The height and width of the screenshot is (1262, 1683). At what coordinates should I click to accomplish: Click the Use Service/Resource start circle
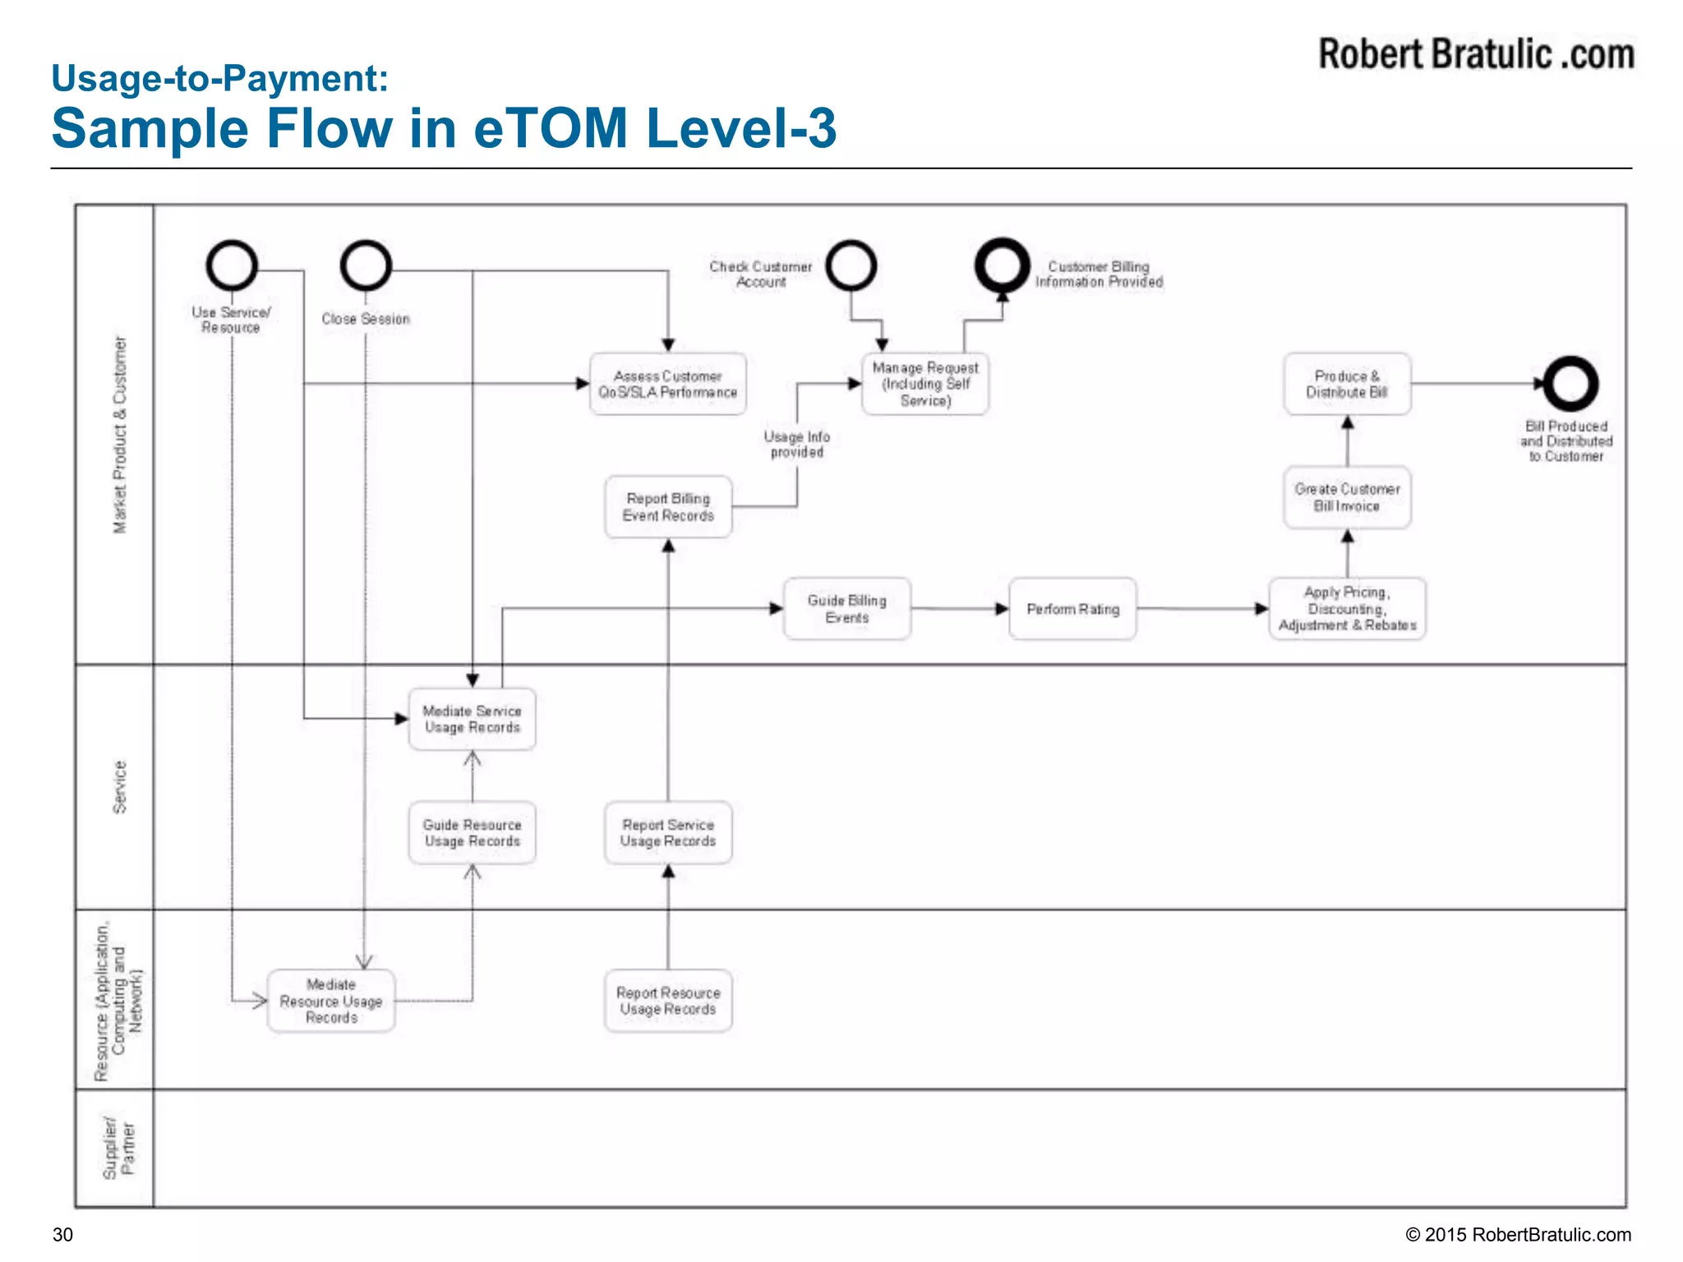(232, 266)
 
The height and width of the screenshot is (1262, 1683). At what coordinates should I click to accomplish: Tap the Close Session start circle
(366, 266)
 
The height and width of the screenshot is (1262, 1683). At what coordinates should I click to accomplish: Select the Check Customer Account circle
(851, 266)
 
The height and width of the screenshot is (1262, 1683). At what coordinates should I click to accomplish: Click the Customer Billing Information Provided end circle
(1002, 266)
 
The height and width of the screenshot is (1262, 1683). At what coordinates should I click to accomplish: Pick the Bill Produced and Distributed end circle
(1570, 384)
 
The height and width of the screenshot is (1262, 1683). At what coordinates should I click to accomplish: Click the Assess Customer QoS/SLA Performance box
(668, 384)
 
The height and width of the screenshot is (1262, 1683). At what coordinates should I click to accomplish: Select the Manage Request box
(925, 384)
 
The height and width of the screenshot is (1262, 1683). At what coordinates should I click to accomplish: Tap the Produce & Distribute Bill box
(1347, 384)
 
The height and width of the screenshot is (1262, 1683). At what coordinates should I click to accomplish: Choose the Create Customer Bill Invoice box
(1347, 497)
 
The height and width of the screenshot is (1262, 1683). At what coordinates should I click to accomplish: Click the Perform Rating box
(1072, 609)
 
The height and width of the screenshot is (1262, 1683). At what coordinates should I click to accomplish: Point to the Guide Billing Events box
(847, 609)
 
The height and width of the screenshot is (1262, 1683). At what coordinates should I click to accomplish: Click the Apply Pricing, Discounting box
(1347, 609)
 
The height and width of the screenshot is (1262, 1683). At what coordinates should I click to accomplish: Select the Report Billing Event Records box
(668, 507)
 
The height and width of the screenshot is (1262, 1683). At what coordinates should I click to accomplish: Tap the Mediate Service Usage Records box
(472, 719)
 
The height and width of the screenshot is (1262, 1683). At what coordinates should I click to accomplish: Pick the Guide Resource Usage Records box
(472, 832)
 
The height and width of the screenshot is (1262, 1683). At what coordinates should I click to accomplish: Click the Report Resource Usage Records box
(668, 1001)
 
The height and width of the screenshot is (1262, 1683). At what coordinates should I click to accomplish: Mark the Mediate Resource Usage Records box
(331, 1001)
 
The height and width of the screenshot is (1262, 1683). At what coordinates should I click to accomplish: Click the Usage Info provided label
(796, 444)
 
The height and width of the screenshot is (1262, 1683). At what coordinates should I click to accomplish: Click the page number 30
(62, 1235)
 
